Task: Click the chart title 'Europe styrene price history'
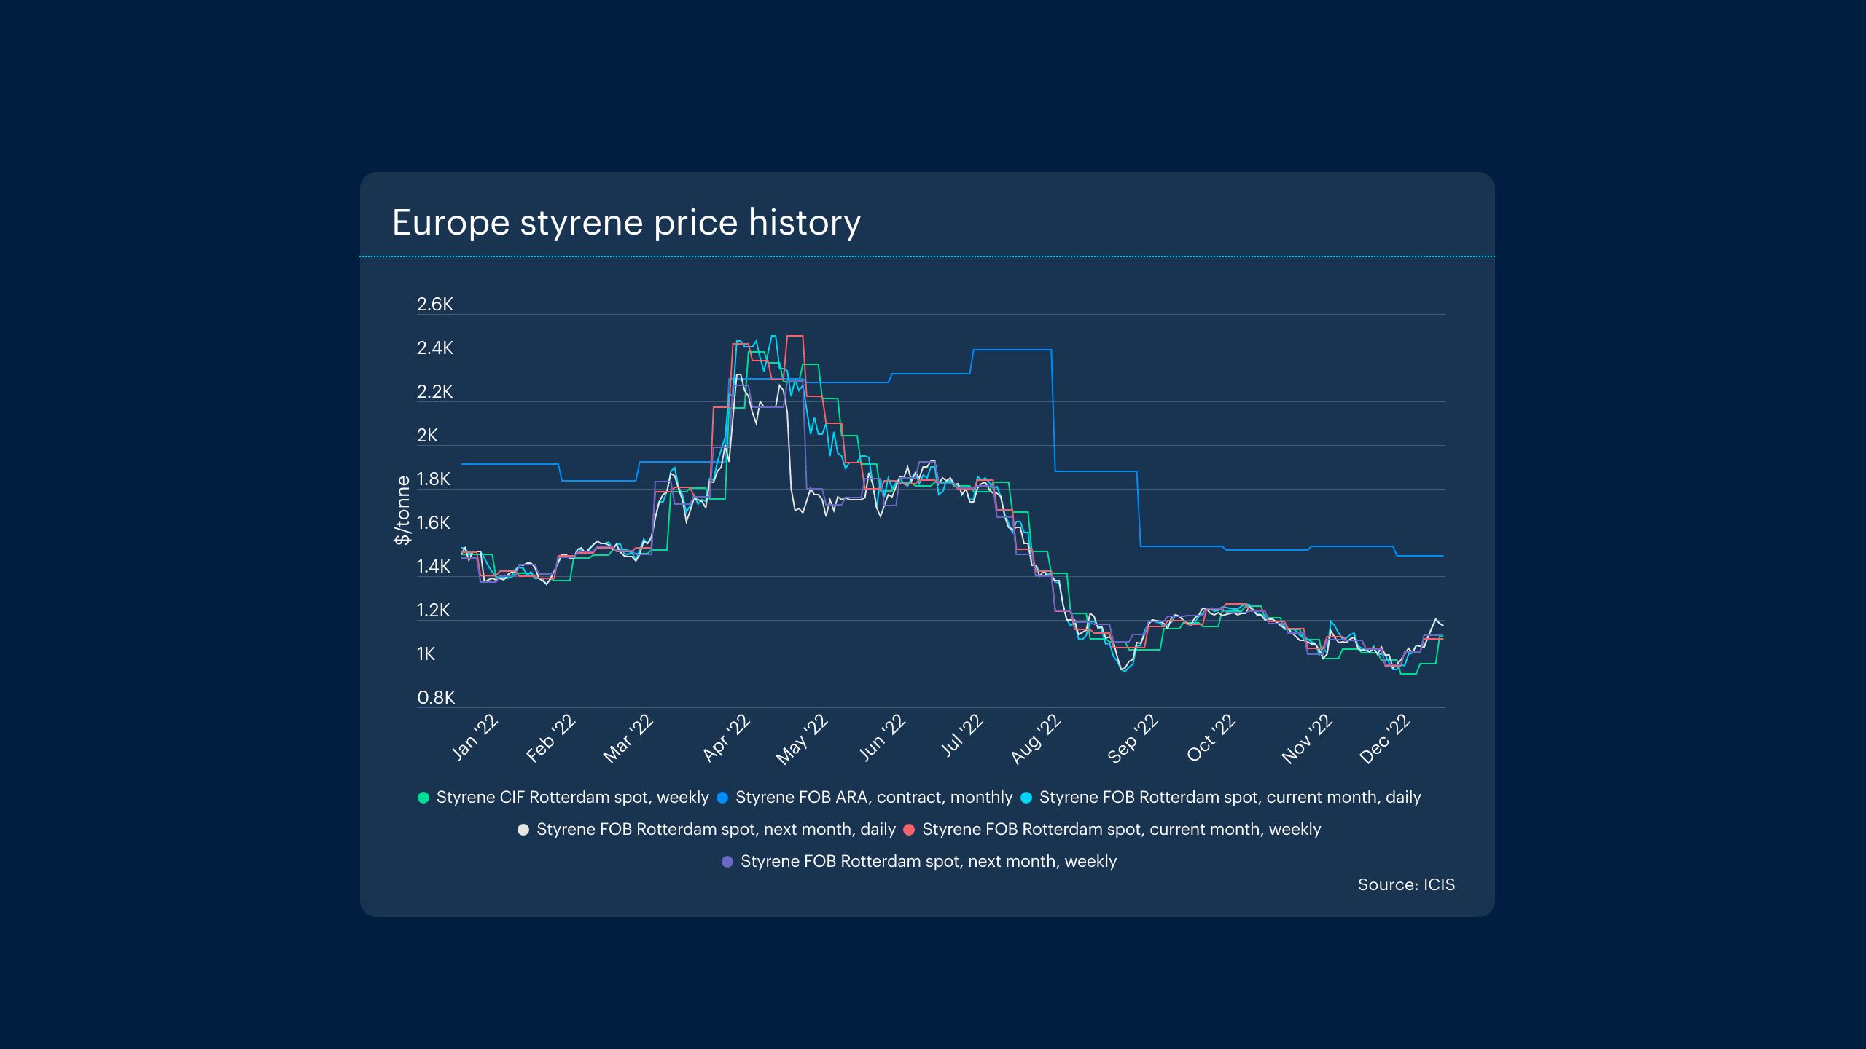(x=626, y=222)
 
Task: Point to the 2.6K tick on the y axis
(x=435, y=305)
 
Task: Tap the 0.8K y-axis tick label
(x=436, y=698)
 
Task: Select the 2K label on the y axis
(x=427, y=436)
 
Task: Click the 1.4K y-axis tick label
(x=435, y=567)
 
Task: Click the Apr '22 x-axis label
(x=726, y=738)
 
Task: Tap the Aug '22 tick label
(x=1036, y=739)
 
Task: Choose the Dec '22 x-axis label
(x=1386, y=739)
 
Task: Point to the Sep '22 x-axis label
(x=1133, y=739)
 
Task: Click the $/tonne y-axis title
(x=402, y=510)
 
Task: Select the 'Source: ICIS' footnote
(x=1406, y=884)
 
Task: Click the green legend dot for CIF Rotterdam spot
(x=423, y=798)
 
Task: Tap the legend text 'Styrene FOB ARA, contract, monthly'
(x=874, y=798)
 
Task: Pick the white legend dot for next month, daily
(x=523, y=830)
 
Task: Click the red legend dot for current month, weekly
(x=909, y=830)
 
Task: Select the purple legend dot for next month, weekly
(x=727, y=862)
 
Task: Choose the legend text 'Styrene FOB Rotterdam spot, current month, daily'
(x=1230, y=798)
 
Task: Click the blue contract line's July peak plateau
(x=1012, y=350)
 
